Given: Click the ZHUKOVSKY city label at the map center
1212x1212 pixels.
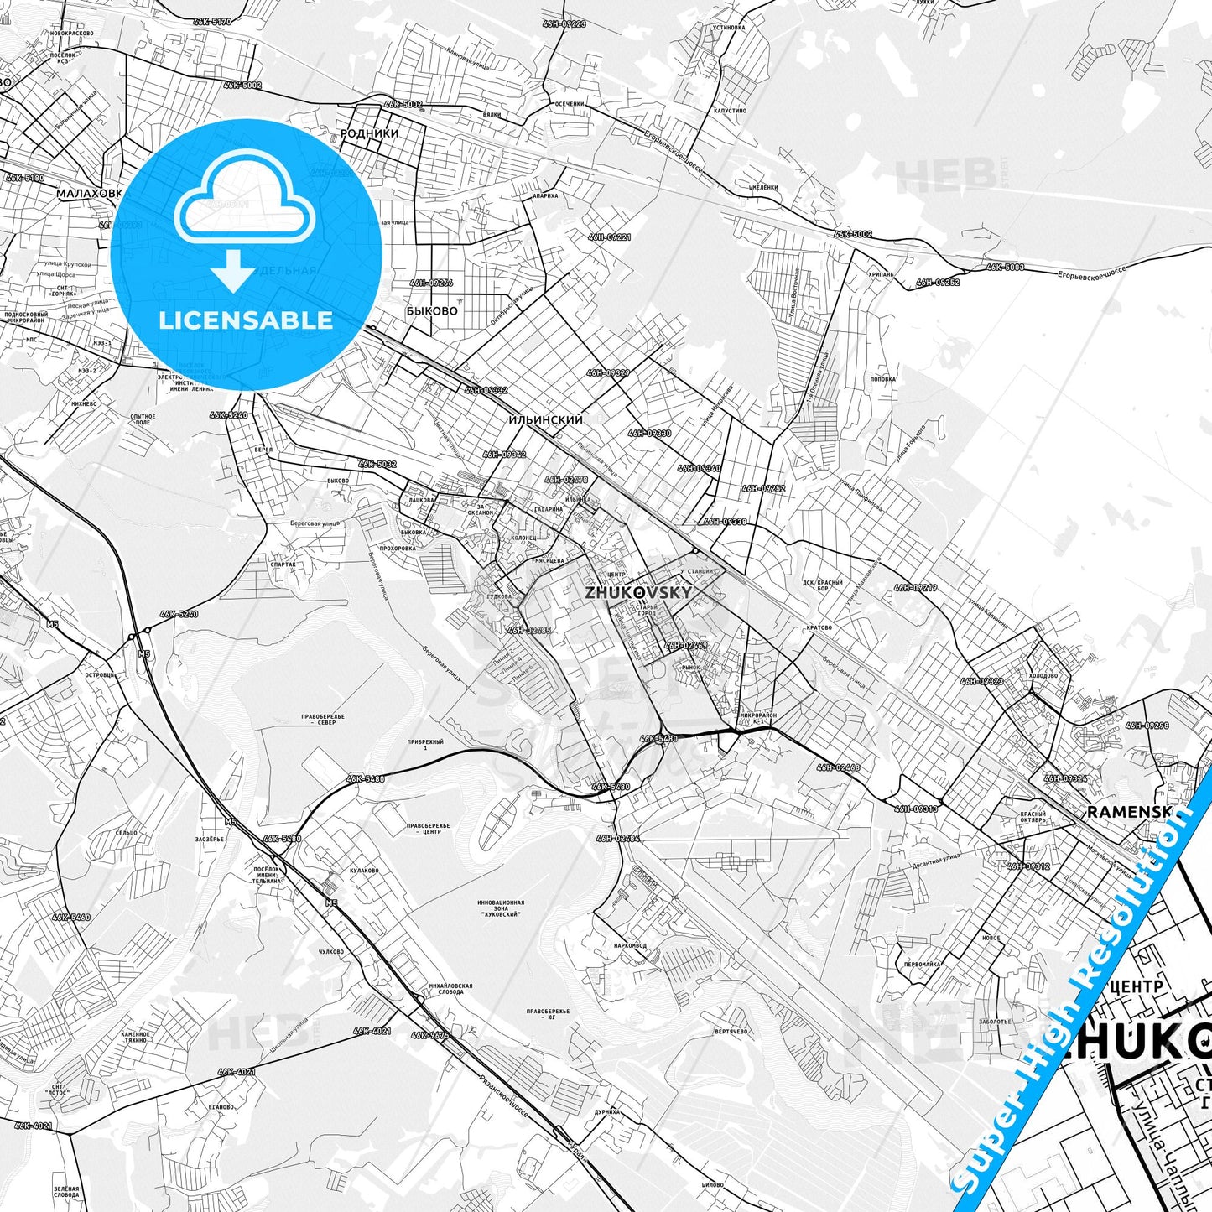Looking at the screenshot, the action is click(639, 592).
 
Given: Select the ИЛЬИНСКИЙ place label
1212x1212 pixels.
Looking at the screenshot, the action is click(545, 419).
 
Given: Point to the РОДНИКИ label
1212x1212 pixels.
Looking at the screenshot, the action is click(369, 133).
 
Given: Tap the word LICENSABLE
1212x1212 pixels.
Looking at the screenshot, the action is click(246, 320).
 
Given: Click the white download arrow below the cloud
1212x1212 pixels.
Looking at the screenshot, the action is click(232, 271).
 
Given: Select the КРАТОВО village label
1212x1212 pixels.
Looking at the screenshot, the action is click(818, 627).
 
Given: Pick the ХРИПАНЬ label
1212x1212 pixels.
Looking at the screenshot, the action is click(881, 274).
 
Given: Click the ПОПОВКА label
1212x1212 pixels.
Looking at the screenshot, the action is click(882, 379).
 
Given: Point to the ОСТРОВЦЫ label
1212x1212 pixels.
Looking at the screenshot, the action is click(101, 675).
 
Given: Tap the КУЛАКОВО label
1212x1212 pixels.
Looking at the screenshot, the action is click(364, 871).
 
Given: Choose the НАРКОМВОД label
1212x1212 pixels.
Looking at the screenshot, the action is click(630, 945).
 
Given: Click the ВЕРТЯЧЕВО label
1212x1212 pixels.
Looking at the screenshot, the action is click(731, 1032).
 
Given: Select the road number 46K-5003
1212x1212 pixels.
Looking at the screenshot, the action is click(1005, 267).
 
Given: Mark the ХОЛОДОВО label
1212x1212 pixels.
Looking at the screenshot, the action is click(1043, 675).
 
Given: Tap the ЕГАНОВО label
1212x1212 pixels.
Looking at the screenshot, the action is click(221, 1107).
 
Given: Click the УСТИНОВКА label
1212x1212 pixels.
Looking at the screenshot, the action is click(728, 28).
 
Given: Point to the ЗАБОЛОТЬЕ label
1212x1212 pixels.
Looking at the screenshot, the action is click(995, 1022).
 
